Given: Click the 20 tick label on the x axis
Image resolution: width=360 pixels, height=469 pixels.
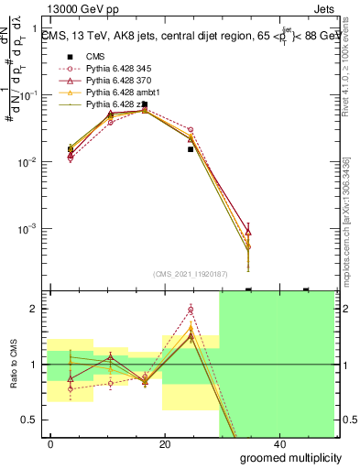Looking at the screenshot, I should (165, 444).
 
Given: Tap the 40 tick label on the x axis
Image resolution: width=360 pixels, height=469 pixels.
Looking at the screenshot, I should (278, 444).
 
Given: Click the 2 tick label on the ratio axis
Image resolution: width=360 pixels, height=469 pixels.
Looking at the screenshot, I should (33, 310).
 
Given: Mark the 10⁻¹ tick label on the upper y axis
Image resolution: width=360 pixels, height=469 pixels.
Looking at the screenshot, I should (28, 95).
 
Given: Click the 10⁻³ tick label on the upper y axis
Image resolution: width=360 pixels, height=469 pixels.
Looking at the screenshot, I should (28, 228).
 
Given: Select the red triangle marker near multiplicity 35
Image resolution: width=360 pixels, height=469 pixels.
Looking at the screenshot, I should (248, 232).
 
